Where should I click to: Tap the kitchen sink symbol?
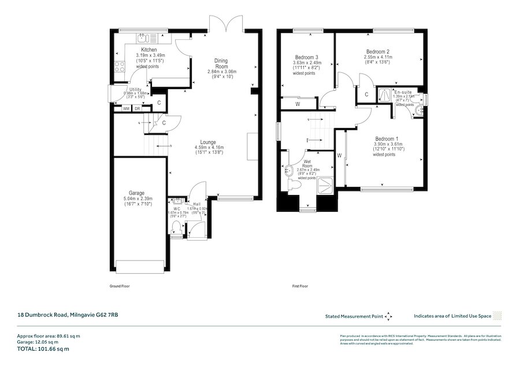coord(143,38)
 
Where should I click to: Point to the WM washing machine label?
coord(126,108)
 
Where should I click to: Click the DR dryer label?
coord(138,108)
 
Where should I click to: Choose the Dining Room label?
coord(221,64)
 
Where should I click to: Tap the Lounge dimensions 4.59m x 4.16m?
coord(208,148)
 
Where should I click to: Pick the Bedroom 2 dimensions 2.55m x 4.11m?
coord(378,58)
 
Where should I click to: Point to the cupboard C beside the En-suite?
coord(366,95)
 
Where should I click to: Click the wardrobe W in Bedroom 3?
coord(298,104)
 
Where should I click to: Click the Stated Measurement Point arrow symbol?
coord(388,317)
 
